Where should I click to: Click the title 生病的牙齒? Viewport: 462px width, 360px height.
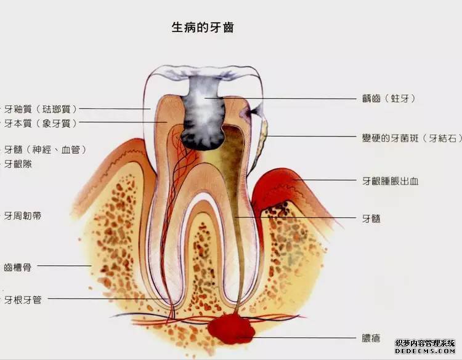click(203, 27)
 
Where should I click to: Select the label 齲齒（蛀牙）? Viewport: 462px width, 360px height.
click(388, 98)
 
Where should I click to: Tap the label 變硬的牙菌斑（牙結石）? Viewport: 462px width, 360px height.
click(412, 138)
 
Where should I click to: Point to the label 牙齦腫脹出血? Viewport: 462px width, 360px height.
click(390, 181)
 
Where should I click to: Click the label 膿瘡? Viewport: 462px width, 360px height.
click(371, 338)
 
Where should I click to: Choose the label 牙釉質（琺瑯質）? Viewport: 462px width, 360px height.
click(41, 109)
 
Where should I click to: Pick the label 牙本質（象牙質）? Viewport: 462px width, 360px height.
click(41, 123)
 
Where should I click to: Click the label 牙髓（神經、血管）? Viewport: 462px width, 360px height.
click(45, 150)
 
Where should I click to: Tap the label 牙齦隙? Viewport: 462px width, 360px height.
click(18, 164)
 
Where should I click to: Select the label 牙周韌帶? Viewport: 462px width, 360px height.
click(22, 216)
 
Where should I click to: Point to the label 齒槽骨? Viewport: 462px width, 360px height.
click(18, 267)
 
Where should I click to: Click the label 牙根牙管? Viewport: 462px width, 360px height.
click(22, 300)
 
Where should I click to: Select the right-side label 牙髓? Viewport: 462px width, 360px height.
click(371, 218)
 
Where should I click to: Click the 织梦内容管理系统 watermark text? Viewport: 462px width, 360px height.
click(425, 343)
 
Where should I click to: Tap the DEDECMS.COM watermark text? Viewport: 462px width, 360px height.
click(425, 351)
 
